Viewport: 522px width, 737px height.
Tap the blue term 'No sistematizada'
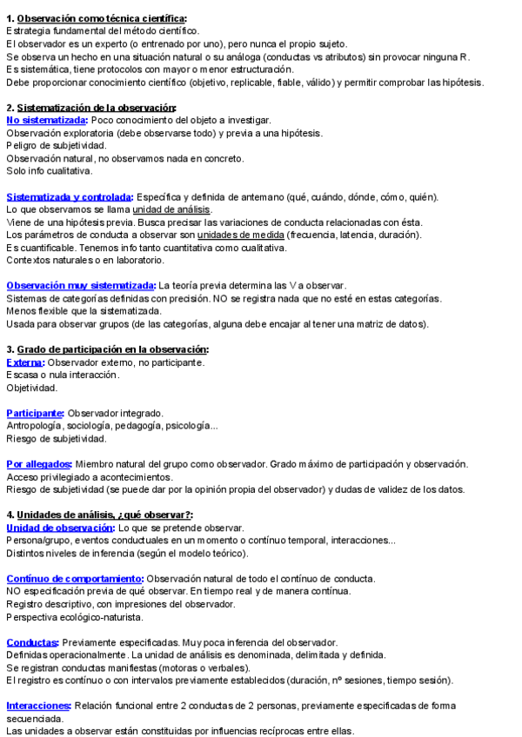(x=46, y=120)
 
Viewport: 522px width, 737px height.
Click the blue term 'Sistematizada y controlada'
(x=69, y=196)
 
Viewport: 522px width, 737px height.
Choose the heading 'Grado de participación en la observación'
(x=112, y=349)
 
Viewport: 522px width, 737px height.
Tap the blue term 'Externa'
(x=24, y=362)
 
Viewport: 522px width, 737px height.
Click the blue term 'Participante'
(x=35, y=413)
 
